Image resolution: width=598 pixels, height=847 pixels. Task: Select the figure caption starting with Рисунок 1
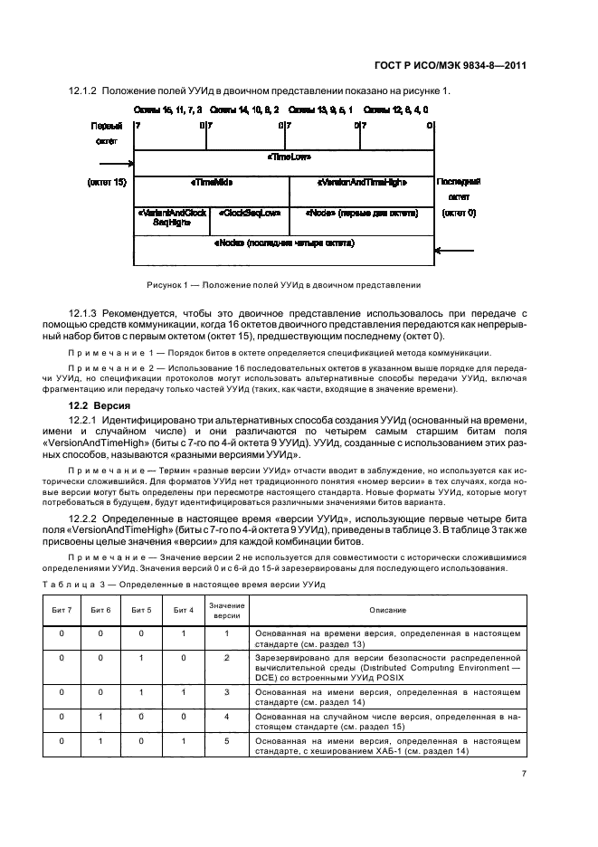[x=283, y=284]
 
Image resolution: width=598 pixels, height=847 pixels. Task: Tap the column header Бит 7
[x=62, y=612]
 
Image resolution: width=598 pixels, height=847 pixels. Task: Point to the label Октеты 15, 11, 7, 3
[x=169, y=109]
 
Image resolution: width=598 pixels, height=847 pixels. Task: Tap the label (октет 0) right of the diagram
[x=460, y=216]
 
